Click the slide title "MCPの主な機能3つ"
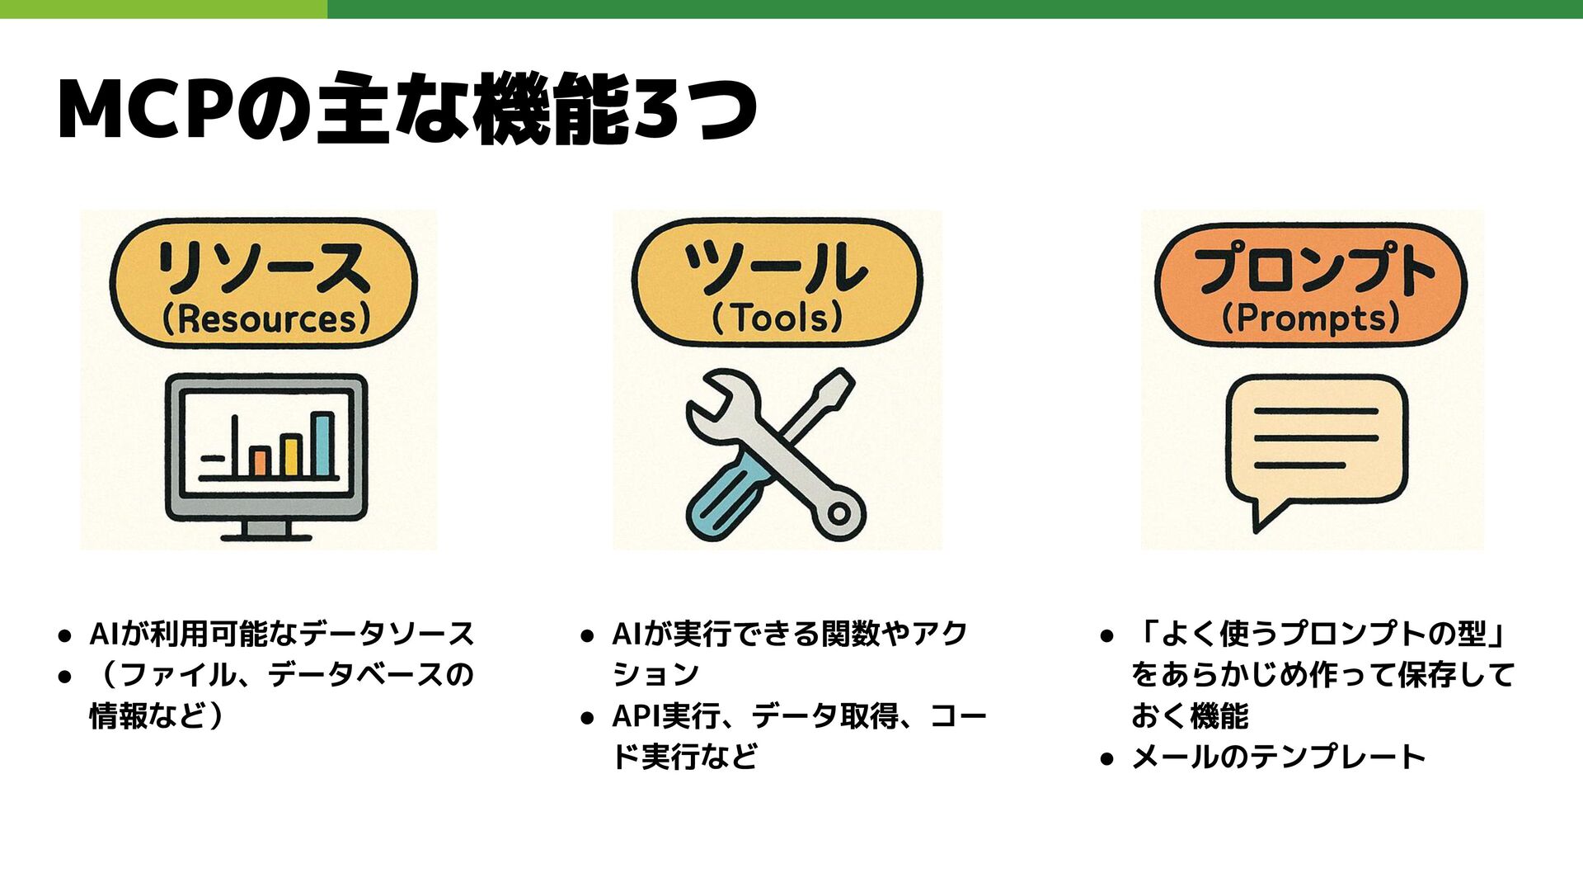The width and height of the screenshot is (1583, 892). (x=407, y=110)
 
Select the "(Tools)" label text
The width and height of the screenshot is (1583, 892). (x=777, y=318)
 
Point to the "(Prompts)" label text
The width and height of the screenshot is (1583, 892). (x=1311, y=319)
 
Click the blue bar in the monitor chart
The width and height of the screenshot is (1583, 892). (x=323, y=446)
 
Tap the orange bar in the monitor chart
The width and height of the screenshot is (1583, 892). (x=261, y=461)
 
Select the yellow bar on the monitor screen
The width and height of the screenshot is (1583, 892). (x=290, y=455)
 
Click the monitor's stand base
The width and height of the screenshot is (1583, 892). (x=266, y=535)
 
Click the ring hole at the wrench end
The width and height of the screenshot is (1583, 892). (x=839, y=513)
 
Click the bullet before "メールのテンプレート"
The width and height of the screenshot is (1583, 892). (x=1107, y=758)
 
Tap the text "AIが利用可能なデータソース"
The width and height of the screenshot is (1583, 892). (x=281, y=634)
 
